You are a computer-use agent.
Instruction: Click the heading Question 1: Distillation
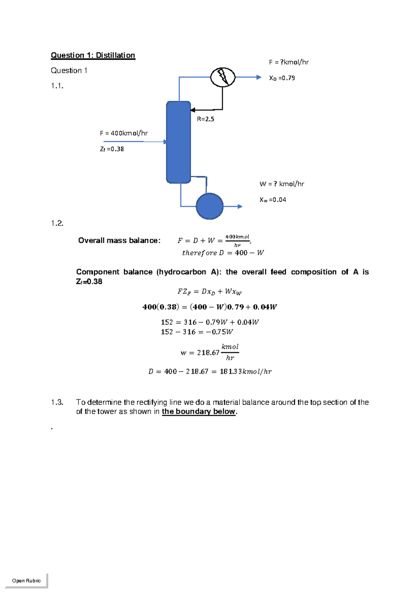click(x=93, y=55)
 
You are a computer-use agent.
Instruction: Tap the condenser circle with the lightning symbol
click(x=223, y=77)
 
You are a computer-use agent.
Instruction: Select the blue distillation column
click(x=178, y=142)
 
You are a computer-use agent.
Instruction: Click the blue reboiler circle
click(x=210, y=206)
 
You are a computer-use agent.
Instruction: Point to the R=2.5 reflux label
click(x=205, y=119)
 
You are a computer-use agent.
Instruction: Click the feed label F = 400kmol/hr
click(x=124, y=133)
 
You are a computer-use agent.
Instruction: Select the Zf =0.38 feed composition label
click(x=112, y=149)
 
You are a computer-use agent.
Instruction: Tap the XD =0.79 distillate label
click(x=282, y=78)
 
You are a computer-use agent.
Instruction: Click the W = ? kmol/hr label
click(x=282, y=184)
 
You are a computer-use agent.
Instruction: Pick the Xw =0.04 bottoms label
click(x=273, y=200)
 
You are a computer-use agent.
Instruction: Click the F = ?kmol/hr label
click(x=289, y=62)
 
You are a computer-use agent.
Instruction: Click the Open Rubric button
click(x=26, y=580)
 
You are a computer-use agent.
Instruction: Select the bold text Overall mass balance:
click(x=119, y=241)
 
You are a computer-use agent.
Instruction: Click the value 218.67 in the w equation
click(x=208, y=353)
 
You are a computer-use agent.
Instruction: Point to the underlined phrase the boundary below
click(x=198, y=412)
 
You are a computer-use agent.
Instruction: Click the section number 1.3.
click(x=57, y=402)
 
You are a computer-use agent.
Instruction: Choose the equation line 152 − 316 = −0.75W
click(x=197, y=332)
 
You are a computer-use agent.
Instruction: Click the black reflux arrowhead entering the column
click(x=192, y=110)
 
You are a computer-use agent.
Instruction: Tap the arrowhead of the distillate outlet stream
click(x=259, y=77)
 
